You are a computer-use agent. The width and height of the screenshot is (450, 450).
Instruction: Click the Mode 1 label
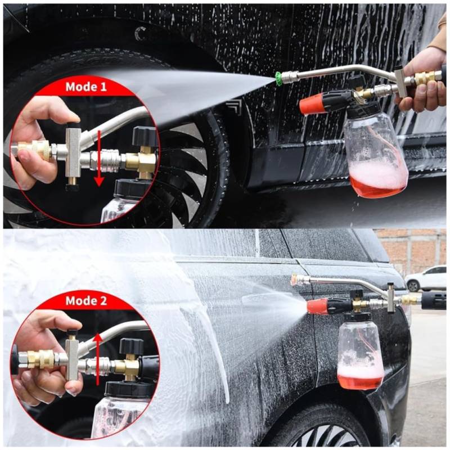(86, 87)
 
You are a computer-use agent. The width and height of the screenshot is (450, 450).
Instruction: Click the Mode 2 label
(86, 301)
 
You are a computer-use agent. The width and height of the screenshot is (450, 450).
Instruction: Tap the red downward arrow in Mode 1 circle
(100, 158)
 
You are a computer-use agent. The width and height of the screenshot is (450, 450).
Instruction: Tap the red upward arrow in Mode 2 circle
(98, 358)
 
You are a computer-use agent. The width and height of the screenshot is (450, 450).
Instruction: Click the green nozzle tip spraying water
(277, 76)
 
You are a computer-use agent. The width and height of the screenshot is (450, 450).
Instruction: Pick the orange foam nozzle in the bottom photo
(318, 306)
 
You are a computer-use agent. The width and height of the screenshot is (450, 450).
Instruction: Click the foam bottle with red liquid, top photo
(375, 155)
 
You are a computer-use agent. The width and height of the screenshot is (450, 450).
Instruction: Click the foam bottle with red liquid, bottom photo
(361, 353)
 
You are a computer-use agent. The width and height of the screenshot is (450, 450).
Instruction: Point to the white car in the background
(428, 278)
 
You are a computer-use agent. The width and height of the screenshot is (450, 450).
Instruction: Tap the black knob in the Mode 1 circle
(145, 136)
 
